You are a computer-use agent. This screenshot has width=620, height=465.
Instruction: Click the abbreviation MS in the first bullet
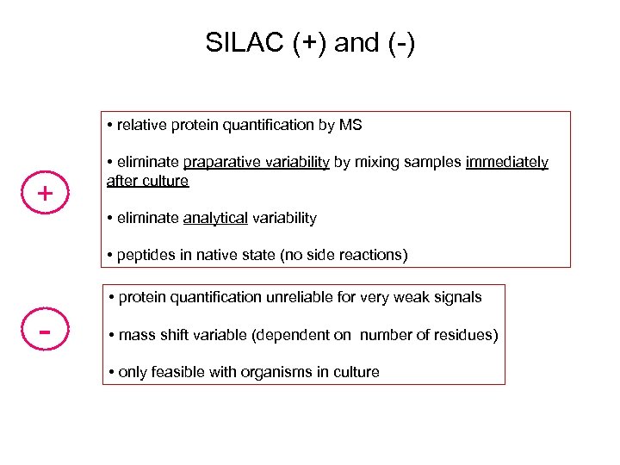tap(350, 125)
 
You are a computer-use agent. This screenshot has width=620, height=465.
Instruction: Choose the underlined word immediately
tap(506, 163)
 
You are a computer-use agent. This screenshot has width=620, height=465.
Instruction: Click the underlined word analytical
tap(215, 218)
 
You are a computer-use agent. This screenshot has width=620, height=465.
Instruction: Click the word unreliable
tap(302, 297)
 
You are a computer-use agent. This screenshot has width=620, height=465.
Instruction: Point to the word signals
tap(456, 297)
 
